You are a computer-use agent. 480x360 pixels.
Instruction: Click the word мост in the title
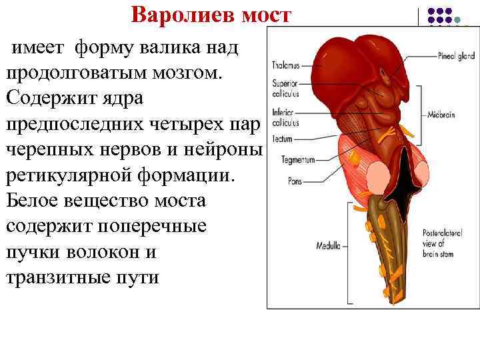tap(267, 14)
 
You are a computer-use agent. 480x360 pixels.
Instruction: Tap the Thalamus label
tap(287, 65)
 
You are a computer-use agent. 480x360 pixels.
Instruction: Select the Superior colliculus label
tap(285, 89)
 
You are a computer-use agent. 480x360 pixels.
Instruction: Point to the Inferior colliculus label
tap(285, 118)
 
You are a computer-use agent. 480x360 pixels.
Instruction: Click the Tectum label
tap(283, 138)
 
